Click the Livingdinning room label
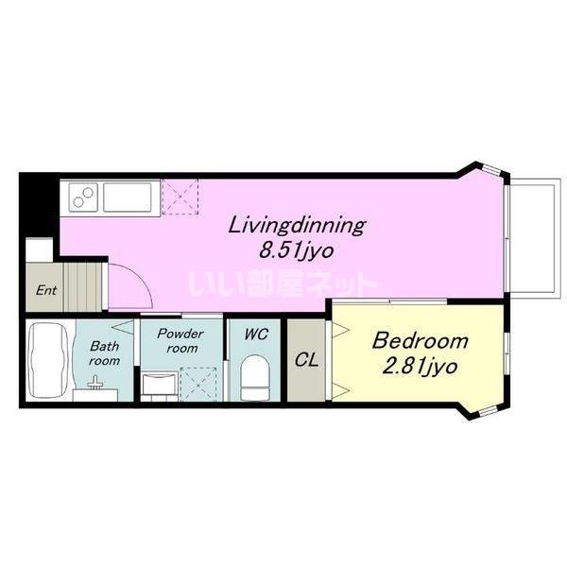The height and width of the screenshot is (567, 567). (x=297, y=226)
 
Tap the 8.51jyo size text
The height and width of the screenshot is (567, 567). (x=296, y=250)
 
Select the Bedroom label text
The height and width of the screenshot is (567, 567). (x=420, y=341)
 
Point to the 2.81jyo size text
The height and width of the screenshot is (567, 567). (x=420, y=367)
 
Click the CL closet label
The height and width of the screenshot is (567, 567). (x=306, y=360)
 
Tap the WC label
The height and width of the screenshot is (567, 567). (x=256, y=335)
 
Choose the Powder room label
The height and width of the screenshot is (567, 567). (x=180, y=340)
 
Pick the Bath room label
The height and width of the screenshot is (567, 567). (x=105, y=353)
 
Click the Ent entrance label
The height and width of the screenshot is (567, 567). (x=46, y=290)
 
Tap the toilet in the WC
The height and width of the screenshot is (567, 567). (x=255, y=377)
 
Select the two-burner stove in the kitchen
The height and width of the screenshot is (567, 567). (x=83, y=198)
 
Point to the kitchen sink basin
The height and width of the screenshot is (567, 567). (x=128, y=198)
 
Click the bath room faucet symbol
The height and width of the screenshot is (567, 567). (x=95, y=383)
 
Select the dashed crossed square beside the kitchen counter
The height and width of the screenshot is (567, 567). (x=180, y=198)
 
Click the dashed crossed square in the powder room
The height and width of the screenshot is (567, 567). (x=198, y=385)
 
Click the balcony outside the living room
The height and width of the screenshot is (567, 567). (x=534, y=238)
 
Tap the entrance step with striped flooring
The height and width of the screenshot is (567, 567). (x=82, y=287)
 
